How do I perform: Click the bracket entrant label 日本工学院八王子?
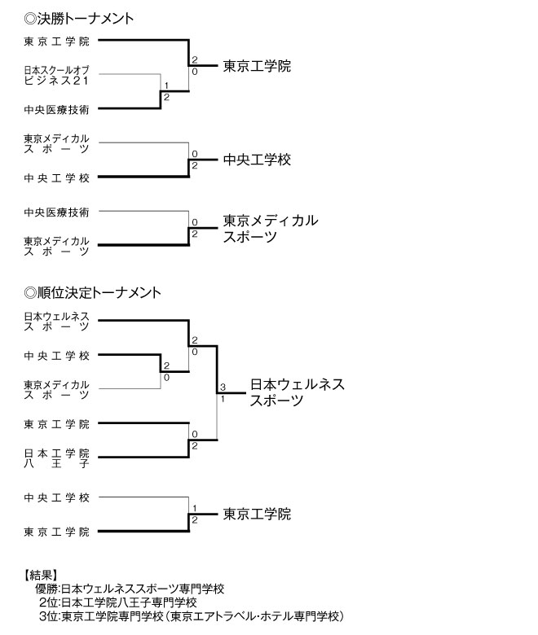click(x=56, y=458)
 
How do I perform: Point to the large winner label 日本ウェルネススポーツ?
click(x=297, y=392)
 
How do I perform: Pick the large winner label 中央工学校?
click(x=257, y=160)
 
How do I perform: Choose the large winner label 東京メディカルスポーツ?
click(x=270, y=228)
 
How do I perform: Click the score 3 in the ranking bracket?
click(x=222, y=387)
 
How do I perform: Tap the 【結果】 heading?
click(x=42, y=574)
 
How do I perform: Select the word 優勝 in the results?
click(x=46, y=589)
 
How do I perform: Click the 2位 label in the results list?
click(x=47, y=602)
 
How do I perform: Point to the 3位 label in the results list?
click(x=47, y=616)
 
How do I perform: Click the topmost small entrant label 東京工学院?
click(x=56, y=41)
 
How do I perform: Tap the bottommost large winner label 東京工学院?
click(x=257, y=515)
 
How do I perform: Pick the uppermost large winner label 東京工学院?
click(x=257, y=66)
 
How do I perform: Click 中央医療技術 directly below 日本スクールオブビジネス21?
click(x=56, y=108)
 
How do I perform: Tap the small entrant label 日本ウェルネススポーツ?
click(x=56, y=321)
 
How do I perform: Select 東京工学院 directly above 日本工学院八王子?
click(x=56, y=423)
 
